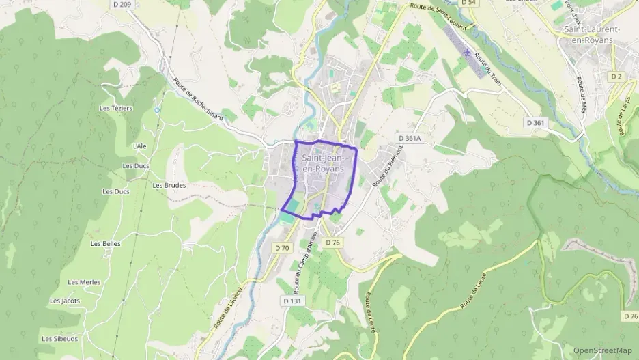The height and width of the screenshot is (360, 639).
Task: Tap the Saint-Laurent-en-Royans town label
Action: [592, 35]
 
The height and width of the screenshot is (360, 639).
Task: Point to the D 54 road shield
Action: [468, 3]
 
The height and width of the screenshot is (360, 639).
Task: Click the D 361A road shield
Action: [410, 138]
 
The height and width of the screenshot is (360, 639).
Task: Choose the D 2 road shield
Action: [617, 76]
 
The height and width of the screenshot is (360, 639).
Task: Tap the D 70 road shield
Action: [282, 247]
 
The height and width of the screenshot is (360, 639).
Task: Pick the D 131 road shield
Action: [292, 301]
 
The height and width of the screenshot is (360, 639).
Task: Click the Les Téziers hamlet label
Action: [116, 108]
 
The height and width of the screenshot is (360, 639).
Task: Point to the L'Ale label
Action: [139, 146]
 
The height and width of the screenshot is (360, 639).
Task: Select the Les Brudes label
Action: [169, 185]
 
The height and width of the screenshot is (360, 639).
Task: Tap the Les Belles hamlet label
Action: [106, 244]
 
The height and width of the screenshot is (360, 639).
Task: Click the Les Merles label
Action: [84, 282]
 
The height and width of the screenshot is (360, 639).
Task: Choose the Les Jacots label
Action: [65, 301]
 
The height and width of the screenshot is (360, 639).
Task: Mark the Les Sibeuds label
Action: [59, 339]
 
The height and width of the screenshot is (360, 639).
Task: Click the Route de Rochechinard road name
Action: [199, 98]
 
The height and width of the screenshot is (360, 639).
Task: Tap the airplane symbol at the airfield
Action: [466, 52]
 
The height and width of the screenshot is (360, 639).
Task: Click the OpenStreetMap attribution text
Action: [602, 350]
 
